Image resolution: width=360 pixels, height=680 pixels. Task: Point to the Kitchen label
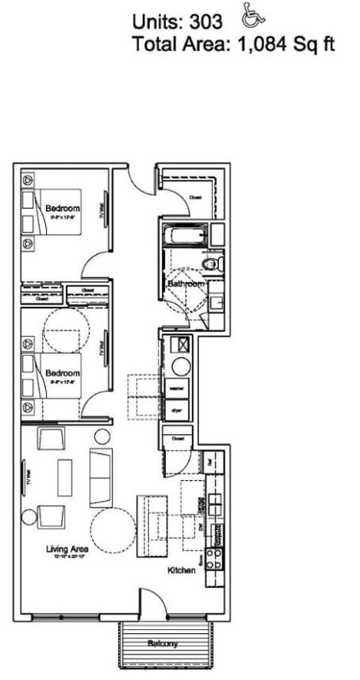point(182,570)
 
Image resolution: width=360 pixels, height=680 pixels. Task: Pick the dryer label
point(176,410)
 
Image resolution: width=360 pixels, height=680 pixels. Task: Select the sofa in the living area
point(101,476)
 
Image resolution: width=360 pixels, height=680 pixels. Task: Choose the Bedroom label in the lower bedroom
point(62,373)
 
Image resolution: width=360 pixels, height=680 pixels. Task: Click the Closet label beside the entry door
point(195,197)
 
